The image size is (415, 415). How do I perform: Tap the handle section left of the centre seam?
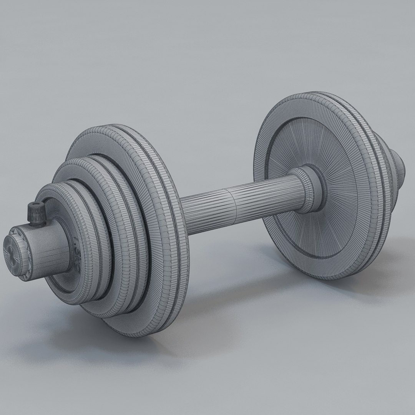[207, 215]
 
